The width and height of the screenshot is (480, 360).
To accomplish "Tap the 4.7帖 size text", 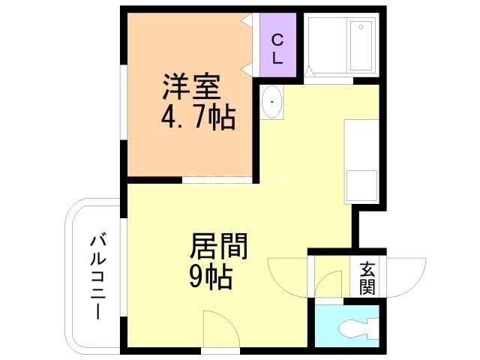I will pyautogui.click(x=197, y=117).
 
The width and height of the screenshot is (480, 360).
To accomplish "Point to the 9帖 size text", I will pyautogui.click(x=209, y=277).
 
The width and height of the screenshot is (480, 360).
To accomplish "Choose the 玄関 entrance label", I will pyautogui.click(x=367, y=277).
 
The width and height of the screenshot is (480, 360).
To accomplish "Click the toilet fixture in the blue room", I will pyautogui.click(x=355, y=328).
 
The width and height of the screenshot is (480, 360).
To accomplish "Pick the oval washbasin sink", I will pyautogui.click(x=272, y=101).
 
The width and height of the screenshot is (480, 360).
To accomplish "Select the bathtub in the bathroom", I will pyautogui.click(x=361, y=43).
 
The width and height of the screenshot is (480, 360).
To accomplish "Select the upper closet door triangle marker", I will pyautogui.click(x=247, y=22).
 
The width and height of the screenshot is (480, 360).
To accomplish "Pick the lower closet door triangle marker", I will pyautogui.click(x=247, y=70).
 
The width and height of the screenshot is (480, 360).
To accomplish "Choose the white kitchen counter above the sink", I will pyautogui.click(x=361, y=142).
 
